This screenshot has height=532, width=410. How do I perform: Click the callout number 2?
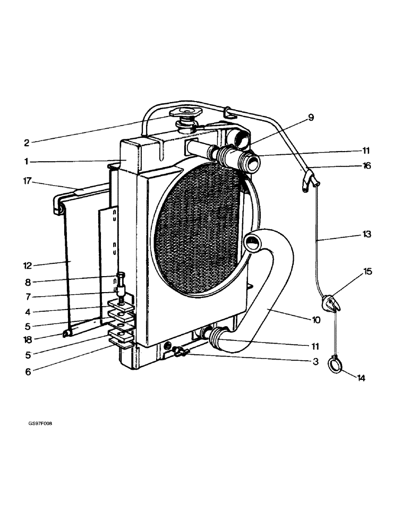pyautogui.click(x=27, y=142)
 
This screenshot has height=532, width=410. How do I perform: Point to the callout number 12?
pyautogui.click(x=28, y=265)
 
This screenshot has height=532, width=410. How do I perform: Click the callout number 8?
pyautogui.click(x=28, y=282)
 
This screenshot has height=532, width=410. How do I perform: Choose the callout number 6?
pyautogui.click(x=28, y=372)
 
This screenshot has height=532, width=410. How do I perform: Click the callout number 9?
pyautogui.click(x=311, y=118)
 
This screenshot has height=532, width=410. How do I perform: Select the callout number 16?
pyautogui.click(x=366, y=166)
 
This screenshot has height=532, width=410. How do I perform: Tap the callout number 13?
pyautogui.click(x=366, y=234)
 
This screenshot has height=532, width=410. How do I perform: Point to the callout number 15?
pyautogui.click(x=368, y=272)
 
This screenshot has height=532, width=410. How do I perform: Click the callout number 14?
pyautogui.click(x=361, y=378)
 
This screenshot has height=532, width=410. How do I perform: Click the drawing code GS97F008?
pyautogui.click(x=40, y=423)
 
